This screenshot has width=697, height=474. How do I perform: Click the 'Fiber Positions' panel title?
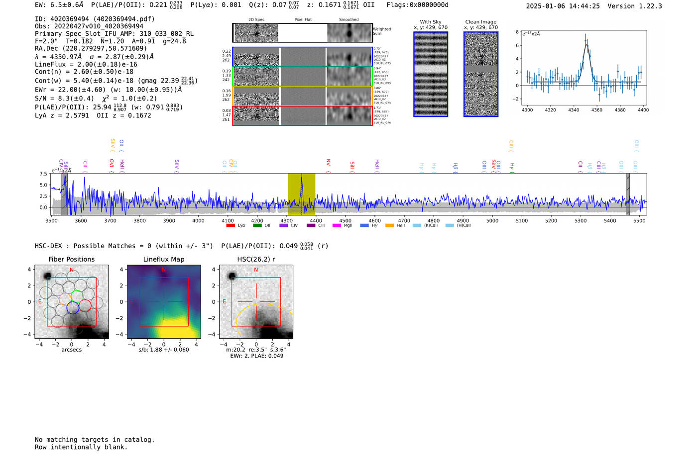click(x=71, y=259)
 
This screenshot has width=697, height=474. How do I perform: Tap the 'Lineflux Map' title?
click(x=164, y=259)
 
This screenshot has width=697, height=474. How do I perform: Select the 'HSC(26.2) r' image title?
click(x=256, y=259)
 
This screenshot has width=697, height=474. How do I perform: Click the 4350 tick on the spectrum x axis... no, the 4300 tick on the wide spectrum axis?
click(x=286, y=220)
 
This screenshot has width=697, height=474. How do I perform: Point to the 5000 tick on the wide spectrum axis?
click(x=492, y=220)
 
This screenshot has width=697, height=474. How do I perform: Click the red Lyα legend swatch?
click(x=231, y=225)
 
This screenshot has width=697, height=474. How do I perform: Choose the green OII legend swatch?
click(x=257, y=225)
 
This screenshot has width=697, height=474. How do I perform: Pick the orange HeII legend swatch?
click(x=389, y=225)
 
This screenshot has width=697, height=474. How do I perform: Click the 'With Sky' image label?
click(x=431, y=22)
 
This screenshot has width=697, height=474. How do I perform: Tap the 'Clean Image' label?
click(x=481, y=22)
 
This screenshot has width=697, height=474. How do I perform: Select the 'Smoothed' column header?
click(x=348, y=19)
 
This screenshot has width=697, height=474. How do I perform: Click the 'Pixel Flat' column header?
click(x=303, y=19)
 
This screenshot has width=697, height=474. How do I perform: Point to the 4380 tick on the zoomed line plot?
click(x=620, y=110)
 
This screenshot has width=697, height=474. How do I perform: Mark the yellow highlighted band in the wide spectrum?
click(x=301, y=194)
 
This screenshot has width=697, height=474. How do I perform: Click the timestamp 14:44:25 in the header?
click(x=583, y=6)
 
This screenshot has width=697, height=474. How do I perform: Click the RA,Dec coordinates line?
click(x=91, y=48)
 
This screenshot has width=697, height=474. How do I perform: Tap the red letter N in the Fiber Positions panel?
click(x=72, y=270)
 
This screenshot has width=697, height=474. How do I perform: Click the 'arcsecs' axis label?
click(x=71, y=350)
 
